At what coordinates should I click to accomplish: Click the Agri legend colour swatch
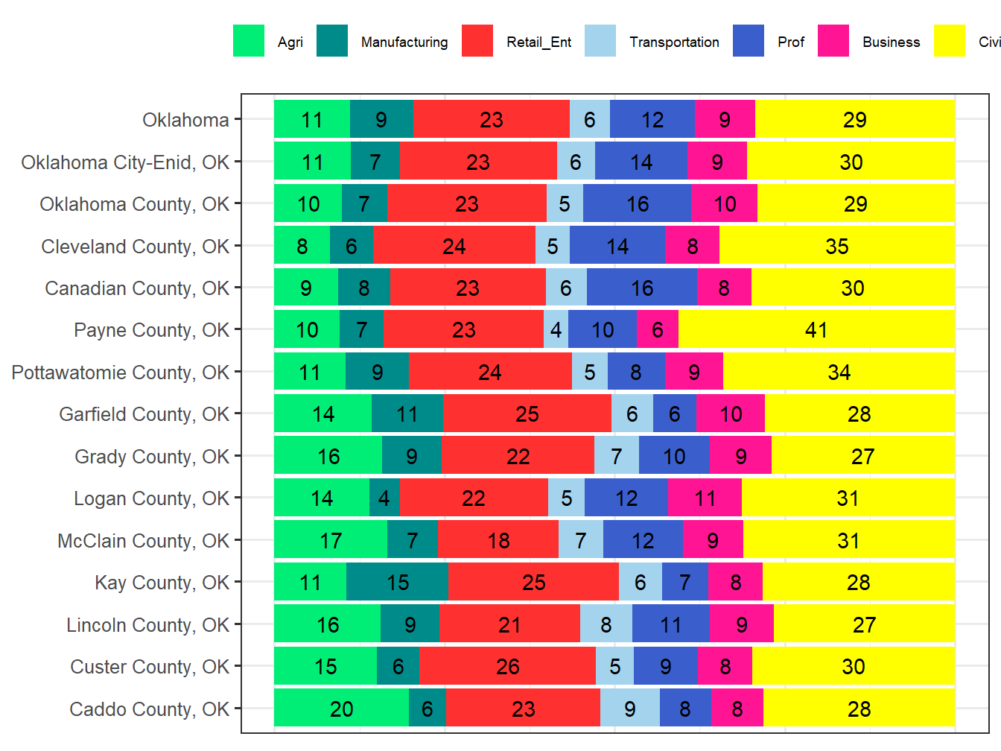point(249,41)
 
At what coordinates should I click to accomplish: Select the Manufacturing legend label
point(404,42)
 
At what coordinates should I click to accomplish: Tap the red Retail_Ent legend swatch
point(477,41)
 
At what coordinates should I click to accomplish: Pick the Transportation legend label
point(674,42)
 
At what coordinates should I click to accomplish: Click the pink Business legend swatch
point(833,41)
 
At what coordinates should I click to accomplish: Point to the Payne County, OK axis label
point(151,330)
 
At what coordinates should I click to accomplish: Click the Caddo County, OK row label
point(149,709)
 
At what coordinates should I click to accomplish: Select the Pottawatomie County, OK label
point(120,373)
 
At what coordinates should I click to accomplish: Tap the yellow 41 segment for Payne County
point(816,330)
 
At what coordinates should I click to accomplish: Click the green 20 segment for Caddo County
point(341,709)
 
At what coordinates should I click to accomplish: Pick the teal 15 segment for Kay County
point(397,583)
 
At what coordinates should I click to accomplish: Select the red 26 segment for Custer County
point(507,667)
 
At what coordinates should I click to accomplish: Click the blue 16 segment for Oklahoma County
point(637,204)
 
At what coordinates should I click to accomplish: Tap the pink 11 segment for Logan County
point(705,498)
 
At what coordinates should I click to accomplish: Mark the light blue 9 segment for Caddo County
point(629,709)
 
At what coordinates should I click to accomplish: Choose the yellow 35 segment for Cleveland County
point(836,247)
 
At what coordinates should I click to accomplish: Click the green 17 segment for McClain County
point(331,541)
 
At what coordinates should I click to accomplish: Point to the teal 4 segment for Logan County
point(384,498)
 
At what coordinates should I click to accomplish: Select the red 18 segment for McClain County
point(498,541)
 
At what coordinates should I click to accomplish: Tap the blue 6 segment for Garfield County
point(674,414)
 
